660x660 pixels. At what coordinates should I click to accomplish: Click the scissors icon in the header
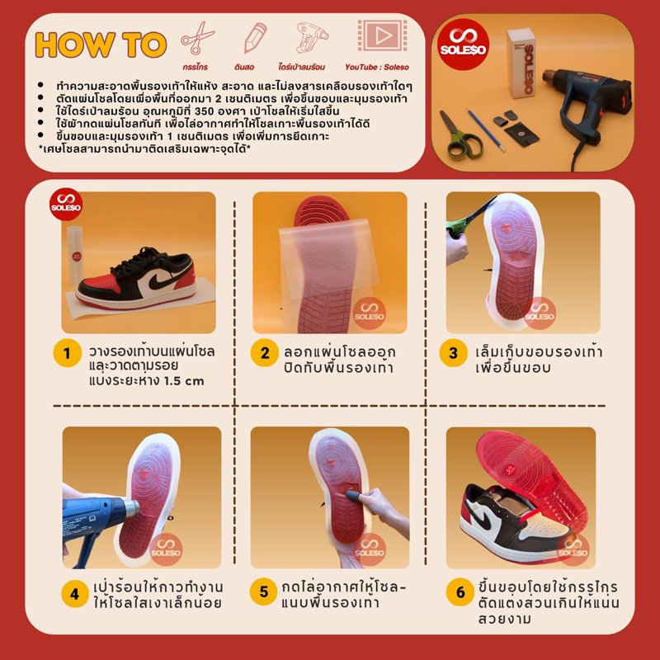tap(197, 38)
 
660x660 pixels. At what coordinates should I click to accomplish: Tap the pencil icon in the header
tap(255, 37)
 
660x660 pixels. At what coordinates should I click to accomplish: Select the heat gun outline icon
tap(311, 38)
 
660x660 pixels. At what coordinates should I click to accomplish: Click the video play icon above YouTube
tap(382, 35)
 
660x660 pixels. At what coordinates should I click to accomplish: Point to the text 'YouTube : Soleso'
tap(377, 67)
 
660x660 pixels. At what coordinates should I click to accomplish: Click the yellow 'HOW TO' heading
tap(101, 45)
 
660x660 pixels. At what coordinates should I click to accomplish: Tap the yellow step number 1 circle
tap(67, 353)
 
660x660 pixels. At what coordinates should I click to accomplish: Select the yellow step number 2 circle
tap(264, 353)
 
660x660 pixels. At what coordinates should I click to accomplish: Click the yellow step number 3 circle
tap(453, 353)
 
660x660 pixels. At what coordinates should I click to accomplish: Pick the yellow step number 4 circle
tap(75, 593)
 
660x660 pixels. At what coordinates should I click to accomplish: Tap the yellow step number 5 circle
tap(263, 592)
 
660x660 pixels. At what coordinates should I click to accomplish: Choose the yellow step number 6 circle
tap(460, 592)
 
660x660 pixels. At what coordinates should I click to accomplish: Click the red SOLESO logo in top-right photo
tap(463, 45)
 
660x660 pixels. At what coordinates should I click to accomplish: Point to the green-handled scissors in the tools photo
tap(459, 135)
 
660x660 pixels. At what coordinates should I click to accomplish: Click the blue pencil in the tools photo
tap(485, 130)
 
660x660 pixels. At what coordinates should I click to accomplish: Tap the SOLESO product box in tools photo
tap(521, 64)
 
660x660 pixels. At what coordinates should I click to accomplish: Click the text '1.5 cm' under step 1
tap(183, 381)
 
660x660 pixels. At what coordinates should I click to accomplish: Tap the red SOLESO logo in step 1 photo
tap(66, 204)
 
